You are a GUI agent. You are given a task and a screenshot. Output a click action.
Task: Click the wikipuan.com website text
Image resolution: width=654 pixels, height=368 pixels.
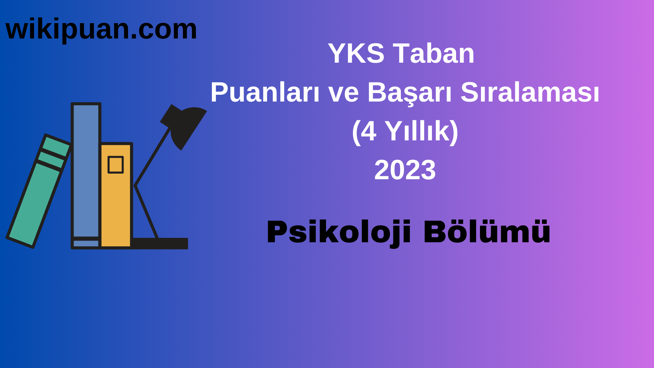[101, 29]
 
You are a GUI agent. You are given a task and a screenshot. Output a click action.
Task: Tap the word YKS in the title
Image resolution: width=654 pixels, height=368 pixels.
[356, 53]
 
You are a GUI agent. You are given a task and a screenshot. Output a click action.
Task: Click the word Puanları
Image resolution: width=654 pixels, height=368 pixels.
[265, 92]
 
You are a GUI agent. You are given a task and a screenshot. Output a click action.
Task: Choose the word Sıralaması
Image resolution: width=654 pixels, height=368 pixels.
[530, 92]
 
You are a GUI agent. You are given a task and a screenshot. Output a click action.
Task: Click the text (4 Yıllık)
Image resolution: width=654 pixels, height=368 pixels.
[405, 131]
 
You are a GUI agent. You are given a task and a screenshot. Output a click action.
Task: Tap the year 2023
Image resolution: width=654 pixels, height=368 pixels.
[405, 170]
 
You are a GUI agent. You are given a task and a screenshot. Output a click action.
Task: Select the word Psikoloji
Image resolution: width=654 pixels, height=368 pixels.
[339, 232]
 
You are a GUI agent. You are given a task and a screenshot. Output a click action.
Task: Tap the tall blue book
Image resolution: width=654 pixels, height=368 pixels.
[86, 170]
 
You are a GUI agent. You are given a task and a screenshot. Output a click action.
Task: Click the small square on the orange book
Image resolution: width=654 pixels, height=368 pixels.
[115, 165]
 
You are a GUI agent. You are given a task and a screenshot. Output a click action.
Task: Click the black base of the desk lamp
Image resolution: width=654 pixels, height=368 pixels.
[160, 243]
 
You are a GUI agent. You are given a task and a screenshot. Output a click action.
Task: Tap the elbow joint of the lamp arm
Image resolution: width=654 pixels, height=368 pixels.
[135, 185]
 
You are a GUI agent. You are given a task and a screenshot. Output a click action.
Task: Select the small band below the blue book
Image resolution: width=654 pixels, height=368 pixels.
[86, 244]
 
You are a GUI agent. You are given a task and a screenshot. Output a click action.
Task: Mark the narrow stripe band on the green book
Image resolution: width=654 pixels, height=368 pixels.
[51, 159]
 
